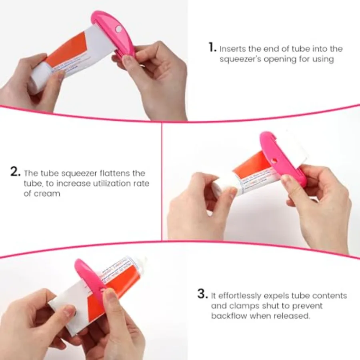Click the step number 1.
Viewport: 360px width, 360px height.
point(212,48)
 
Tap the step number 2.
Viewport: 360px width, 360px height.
point(16,173)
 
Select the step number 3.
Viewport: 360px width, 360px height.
point(202,295)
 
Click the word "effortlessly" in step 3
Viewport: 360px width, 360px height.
point(241,296)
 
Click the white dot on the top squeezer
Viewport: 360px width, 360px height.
point(118,29)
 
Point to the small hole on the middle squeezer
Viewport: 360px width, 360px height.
point(274,160)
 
